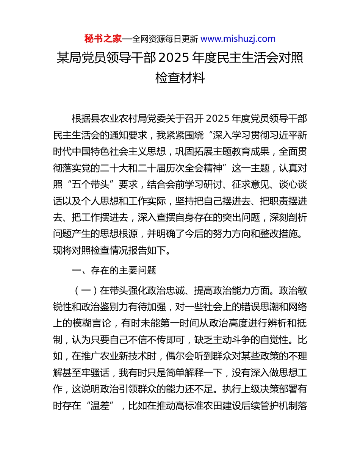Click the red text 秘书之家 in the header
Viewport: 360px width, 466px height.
click(x=103, y=39)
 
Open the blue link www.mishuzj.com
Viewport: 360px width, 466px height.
click(x=238, y=39)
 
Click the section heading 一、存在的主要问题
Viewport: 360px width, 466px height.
click(x=114, y=271)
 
